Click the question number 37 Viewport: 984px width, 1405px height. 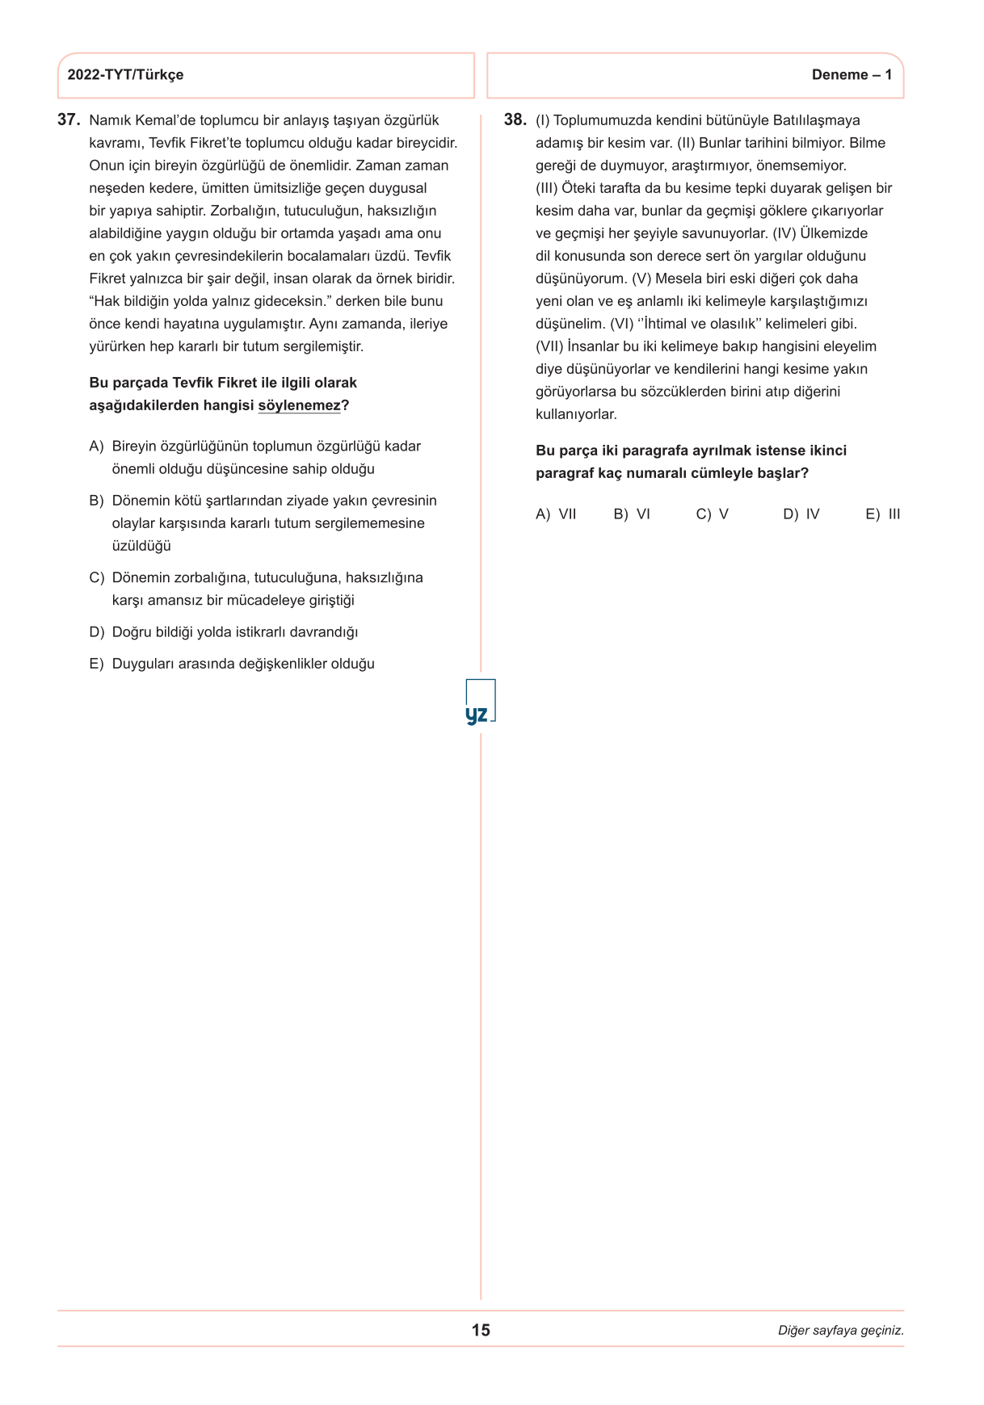click(x=69, y=120)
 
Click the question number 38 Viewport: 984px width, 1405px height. click(x=515, y=120)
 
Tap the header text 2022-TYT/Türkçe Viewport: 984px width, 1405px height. click(x=125, y=75)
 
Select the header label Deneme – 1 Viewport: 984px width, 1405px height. click(x=852, y=75)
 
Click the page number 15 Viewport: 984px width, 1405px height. click(x=481, y=1330)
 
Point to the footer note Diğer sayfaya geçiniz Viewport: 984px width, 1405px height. click(x=840, y=1331)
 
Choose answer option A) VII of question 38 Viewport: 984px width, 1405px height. click(x=556, y=514)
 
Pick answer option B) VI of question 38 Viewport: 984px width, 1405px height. click(x=632, y=514)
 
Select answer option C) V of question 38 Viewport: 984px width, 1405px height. click(x=712, y=514)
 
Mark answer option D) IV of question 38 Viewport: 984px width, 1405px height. click(x=801, y=514)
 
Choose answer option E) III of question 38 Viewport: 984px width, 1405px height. click(x=882, y=514)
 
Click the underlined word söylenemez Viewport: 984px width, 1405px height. click(x=299, y=405)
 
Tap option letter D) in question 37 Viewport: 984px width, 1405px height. click(x=97, y=632)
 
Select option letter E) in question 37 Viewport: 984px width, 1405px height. click(x=97, y=664)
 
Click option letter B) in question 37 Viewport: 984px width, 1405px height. click(x=97, y=501)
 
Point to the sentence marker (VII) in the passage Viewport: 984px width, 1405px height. click(x=549, y=346)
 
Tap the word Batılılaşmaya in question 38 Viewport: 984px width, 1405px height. click(x=816, y=120)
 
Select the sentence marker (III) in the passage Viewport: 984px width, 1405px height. click(x=547, y=188)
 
